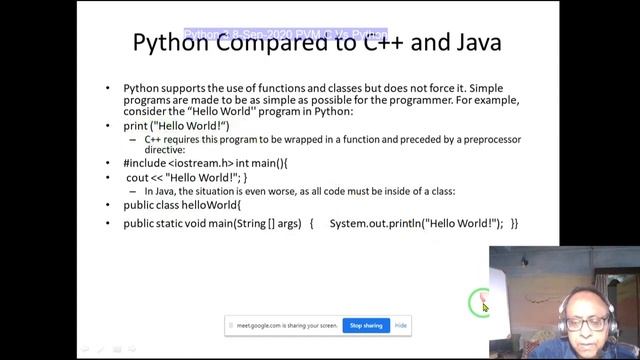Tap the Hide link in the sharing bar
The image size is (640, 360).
[x=401, y=325]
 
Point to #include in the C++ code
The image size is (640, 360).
[x=144, y=163]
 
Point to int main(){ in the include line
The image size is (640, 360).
[x=263, y=163]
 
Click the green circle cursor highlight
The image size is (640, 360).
[x=481, y=300]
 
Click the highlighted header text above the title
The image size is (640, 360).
[x=285, y=35]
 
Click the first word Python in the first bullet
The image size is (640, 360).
[x=141, y=88]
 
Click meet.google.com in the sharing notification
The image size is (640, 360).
[x=255, y=326]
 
